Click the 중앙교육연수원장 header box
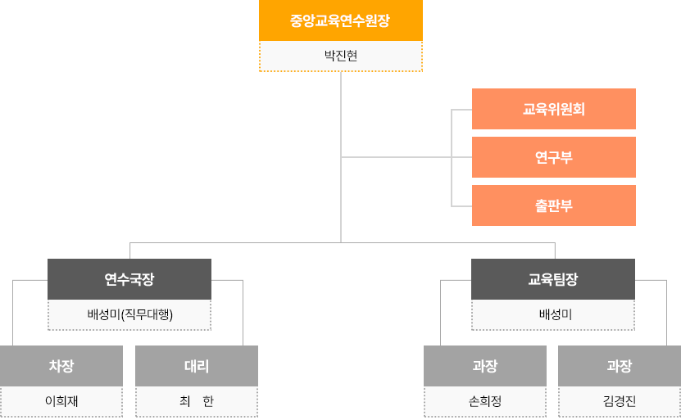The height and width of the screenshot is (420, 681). click(x=340, y=20)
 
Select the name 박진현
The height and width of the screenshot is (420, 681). click(x=340, y=56)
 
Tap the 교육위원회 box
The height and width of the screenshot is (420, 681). click(x=553, y=109)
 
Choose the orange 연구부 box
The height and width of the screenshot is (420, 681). click(x=553, y=157)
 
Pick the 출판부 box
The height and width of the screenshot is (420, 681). click(x=553, y=205)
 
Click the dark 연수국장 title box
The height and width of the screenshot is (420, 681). click(x=129, y=279)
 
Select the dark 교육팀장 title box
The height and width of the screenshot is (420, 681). click(x=552, y=279)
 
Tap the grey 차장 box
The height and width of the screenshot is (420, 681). click(x=61, y=366)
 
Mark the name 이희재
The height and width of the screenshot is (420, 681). click(x=61, y=401)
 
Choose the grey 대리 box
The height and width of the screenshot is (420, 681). click(x=196, y=366)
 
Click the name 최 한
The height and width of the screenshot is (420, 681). click(x=196, y=401)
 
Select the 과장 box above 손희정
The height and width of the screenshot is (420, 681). click(x=484, y=366)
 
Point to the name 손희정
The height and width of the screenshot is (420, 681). click(x=484, y=401)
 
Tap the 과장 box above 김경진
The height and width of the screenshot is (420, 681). click(x=619, y=366)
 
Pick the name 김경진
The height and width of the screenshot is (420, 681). click(x=619, y=401)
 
